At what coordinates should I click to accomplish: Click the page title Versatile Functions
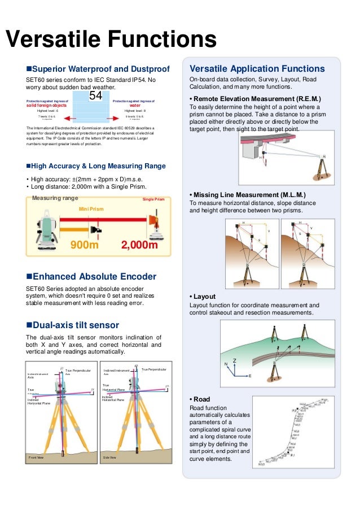[111, 40]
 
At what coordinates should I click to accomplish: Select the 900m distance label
[85, 246]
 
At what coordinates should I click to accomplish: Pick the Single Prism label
[153, 199]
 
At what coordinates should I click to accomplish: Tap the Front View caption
[37, 457]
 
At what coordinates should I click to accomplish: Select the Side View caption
[109, 457]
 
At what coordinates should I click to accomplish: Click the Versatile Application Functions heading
[257, 69]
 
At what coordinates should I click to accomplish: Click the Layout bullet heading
[204, 297]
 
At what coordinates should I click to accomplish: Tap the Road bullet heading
[201, 399]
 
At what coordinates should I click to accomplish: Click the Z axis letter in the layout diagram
[234, 360]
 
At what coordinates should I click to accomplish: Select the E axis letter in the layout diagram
[250, 376]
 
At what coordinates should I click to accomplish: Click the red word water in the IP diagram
[135, 105]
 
